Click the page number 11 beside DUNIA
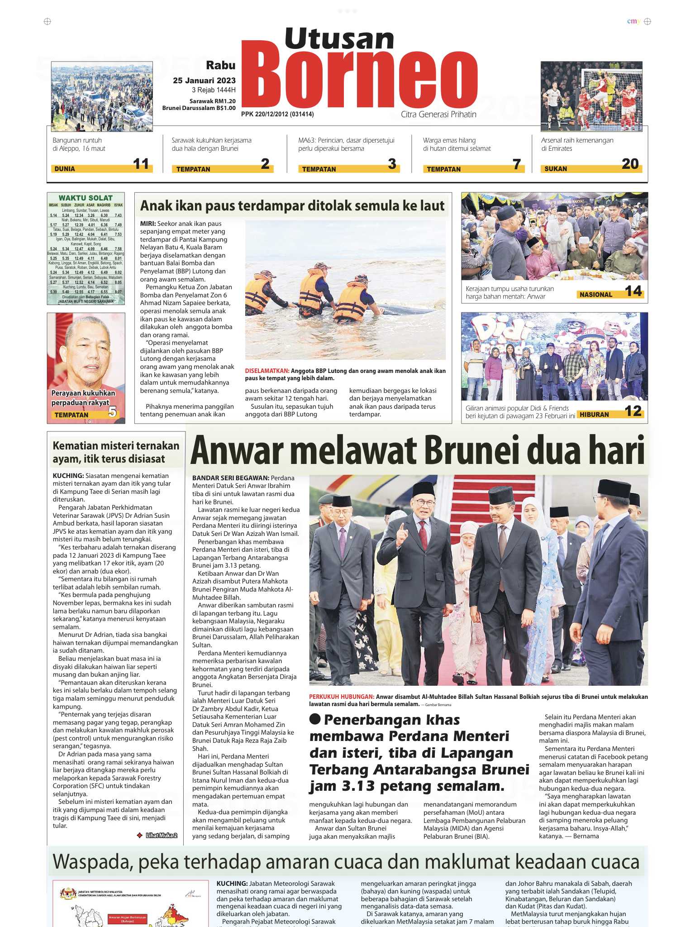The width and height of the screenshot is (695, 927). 141,164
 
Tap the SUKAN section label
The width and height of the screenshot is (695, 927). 556,169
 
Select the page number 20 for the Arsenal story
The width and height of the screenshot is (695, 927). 630,164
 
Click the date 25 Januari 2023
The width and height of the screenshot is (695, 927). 204,81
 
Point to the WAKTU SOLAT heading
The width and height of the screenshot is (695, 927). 86,198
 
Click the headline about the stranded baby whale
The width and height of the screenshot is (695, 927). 292,206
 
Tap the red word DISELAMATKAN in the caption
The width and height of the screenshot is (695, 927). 267,371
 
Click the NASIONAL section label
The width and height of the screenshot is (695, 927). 596,295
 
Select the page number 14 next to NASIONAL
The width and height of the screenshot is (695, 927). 633,291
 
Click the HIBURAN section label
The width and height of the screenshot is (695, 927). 594,415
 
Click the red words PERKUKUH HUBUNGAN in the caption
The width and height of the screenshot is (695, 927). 342,697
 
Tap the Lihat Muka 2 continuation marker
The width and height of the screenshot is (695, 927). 161,836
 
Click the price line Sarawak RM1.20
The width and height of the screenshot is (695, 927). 212,101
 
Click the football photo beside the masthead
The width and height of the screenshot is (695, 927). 591,96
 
